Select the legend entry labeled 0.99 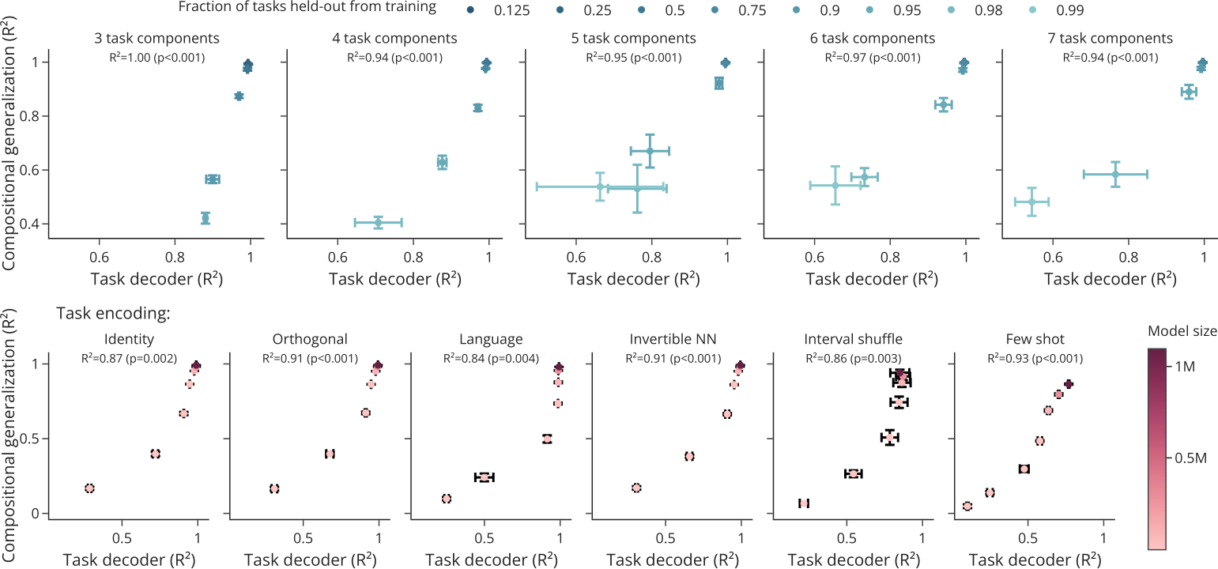click(x=1055, y=10)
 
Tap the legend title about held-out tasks click(x=307, y=8)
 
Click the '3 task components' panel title click(x=156, y=38)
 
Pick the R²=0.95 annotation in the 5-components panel click(x=634, y=57)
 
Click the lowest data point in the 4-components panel click(x=379, y=222)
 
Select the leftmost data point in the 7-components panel click(x=1031, y=202)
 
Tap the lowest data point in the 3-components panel click(x=206, y=218)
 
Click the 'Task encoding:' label click(x=113, y=313)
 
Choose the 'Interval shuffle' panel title click(x=854, y=340)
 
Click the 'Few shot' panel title click(x=1035, y=340)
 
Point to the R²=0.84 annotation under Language click(x=491, y=358)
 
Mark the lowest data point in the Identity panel click(x=89, y=488)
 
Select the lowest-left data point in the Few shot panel click(x=967, y=506)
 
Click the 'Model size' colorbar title click(x=1182, y=330)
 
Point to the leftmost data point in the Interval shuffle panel click(x=804, y=503)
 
